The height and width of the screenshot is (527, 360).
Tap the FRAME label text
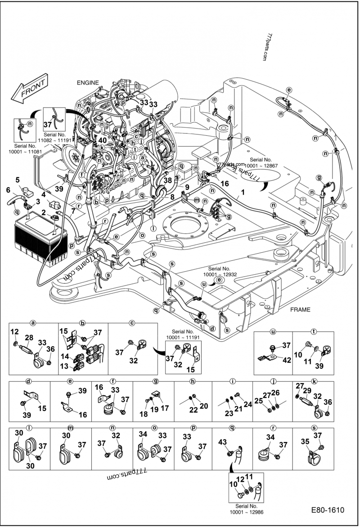coord(301,310)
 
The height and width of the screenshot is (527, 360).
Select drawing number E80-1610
coord(327,510)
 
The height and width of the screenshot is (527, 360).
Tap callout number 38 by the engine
coord(167,179)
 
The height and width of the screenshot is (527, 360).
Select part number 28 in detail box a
coord(30,338)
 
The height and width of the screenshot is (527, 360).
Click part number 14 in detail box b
coord(65,357)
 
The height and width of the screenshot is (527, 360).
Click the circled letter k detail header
coord(314,381)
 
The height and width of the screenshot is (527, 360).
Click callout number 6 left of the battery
coord(8,190)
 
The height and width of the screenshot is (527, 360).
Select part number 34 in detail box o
coord(143,434)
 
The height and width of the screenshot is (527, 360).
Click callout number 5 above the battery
coord(18,180)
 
